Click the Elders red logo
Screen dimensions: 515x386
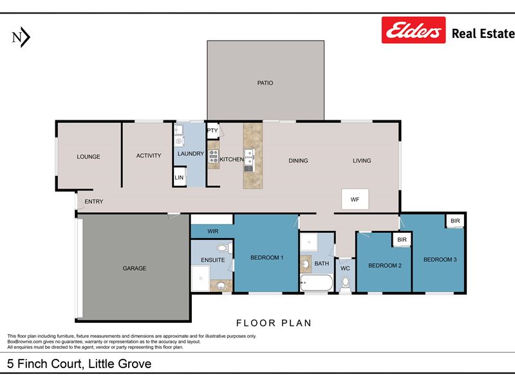(413, 30)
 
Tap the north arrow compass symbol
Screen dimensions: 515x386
(21, 37)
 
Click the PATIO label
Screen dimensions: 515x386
(265, 83)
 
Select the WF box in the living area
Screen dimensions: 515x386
(355, 199)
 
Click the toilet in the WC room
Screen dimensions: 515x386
(345, 284)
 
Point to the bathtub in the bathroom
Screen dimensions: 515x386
(316, 283)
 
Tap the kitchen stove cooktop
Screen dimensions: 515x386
(214, 156)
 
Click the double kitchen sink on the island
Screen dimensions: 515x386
(249, 157)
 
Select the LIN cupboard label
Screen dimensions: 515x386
(179, 178)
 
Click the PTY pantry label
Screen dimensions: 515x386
(212, 131)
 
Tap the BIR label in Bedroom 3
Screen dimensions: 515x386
(455, 221)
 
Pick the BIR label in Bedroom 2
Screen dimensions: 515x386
(402, 239)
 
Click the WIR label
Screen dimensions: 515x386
(213, 232)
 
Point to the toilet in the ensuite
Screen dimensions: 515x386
(223, 248)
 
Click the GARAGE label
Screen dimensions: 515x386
(135, 268)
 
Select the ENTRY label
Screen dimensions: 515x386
(94, 201)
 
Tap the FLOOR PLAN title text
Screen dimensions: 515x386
(274, 323)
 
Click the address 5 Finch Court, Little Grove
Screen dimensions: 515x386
(79, 363)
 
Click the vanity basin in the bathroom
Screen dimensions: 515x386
(306, 264)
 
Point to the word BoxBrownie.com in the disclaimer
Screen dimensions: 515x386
(24, 342)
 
